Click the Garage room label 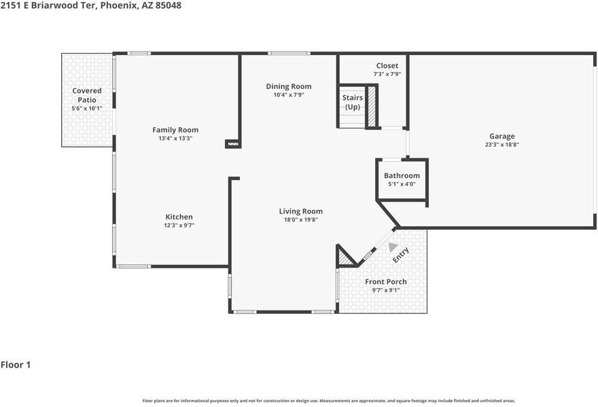point(502,136)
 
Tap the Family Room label point(175,130)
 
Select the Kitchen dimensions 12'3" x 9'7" point(179,226)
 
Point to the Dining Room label point(289,86)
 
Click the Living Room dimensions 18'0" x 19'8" point(301,219)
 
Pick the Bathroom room point(402,179)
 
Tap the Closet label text point(387,66)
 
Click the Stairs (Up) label point(353,102)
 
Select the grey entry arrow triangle point(393,247)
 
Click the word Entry point(401,255)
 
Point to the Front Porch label point(386,282)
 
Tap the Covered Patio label point(87,95)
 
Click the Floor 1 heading point(16,365)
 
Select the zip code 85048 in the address point(169,5)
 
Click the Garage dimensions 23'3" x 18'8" point(502,145)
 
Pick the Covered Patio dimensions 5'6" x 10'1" point(87,108)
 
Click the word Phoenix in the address point(119,5)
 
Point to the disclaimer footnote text point(329,401)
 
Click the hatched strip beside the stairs point(372,107)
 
